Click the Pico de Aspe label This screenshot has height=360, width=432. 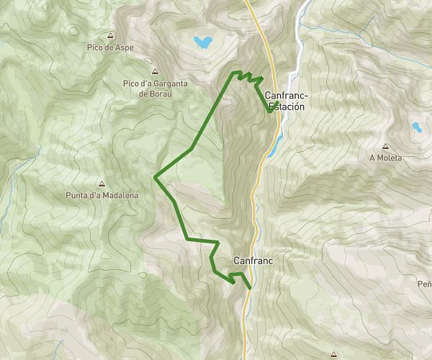(x=109, y=48)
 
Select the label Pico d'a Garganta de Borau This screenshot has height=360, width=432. (x=155, y=88)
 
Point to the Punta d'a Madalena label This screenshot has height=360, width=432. (x=101, y=195)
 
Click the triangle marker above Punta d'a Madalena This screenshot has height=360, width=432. (x=101, y=184)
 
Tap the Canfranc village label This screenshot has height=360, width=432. (x=252, y=260)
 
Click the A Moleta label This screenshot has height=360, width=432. (x=385, y=157)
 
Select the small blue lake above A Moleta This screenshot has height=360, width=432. (x=416, y=128)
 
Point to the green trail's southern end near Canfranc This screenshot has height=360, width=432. (x=250, y=288)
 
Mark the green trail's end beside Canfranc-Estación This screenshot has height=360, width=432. (x=270, y=112)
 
